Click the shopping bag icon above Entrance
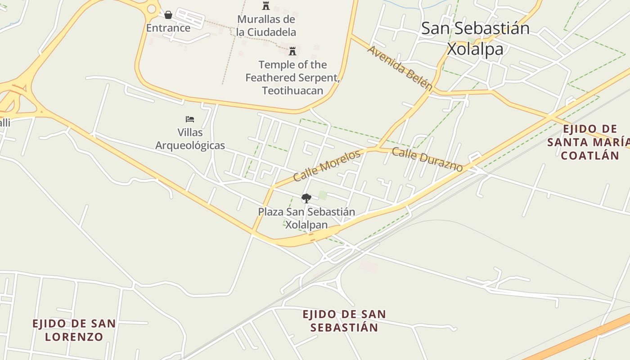pyautogui.click(x=168, y=15)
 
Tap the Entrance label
pyautogui.click(x=168, y=28)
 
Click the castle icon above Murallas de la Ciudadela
pyautogui.click(x=266, y=6)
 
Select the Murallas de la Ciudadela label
pyautogui.click(x=266, y=26)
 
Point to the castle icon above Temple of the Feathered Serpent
pyautogui.click(x=292, y=51)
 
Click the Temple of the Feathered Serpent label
pyautogui.click(x=292, y=77)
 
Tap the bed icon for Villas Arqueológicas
pyautogui.click(x=190, y=119)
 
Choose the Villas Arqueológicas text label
pyautogui.click(x=190, y=139)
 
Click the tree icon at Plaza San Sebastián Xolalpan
pyautogui.click(x=306, y=198)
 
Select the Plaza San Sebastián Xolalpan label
pyautogui.click(x=306, y=218)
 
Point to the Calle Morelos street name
pyautogui.click(x=327, y=165)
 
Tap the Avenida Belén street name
pyautogui.click(x=400, y=68)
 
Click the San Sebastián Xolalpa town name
pyautogui.click(x=475, y=38)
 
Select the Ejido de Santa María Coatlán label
pyautogui.click(x=589, y=142)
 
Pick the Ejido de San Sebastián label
pyautogui.click(x=344, y=320)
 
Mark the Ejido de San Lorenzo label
pyautogui.click(x=74, y=329)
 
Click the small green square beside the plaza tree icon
pyautogui.click(x=323, y=195)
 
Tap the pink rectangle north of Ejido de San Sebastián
pyautogui.click(x=369, y=266)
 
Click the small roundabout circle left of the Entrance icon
pyautogui.click(x=152, y=9)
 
